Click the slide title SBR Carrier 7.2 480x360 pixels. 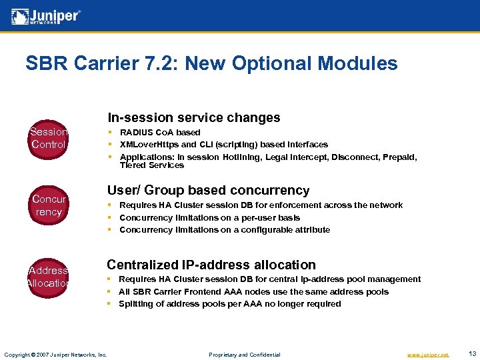(x=211, y=63)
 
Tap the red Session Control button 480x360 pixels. (x=49, y=138)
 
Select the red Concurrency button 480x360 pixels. (x=49, y=205)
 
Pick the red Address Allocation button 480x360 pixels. (x=49, y=277)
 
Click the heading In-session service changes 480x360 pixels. (x=194, y=117)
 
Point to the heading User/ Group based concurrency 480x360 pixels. (x=208, y=190)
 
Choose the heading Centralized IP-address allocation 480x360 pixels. (x=211, y=265)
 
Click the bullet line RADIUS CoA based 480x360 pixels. (x=160, y=133)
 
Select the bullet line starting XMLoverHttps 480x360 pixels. (x=223, y=145)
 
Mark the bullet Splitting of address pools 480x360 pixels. (x=230, y=304)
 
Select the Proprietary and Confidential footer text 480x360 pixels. (x=245, y=355)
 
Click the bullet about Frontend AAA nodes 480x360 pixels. (x=253, y=291)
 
